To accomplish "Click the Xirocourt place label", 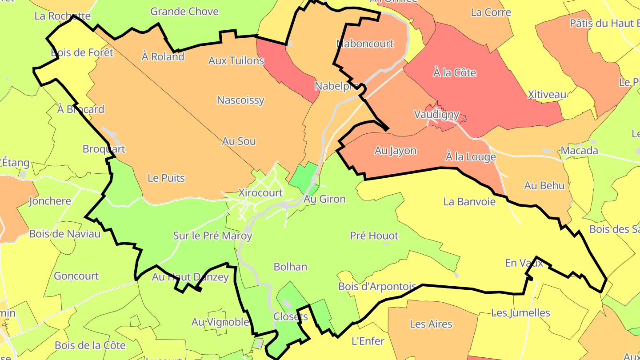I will coord(260,193).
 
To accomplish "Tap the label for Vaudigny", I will coord(436,114).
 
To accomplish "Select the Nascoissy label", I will coord(240,100).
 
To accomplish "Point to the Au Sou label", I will coord(239,141).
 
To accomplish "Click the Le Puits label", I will coord(166,178).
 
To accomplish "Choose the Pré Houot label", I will coord(374,236).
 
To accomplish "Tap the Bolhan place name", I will coord(290,267).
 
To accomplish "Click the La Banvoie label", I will coord(469,201).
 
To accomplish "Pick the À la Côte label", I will coord(454,72).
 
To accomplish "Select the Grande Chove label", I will coord(184,12).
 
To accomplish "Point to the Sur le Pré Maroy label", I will coord(212,236).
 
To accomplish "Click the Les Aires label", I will coord(431,324).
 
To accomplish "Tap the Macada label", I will coord(579,151).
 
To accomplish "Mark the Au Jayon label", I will coord(395,151).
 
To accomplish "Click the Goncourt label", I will coord(76,276).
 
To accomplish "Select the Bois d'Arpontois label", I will coord(377,286).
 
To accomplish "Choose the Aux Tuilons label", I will coord(236,60).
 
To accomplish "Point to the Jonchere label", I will coord(50,201).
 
